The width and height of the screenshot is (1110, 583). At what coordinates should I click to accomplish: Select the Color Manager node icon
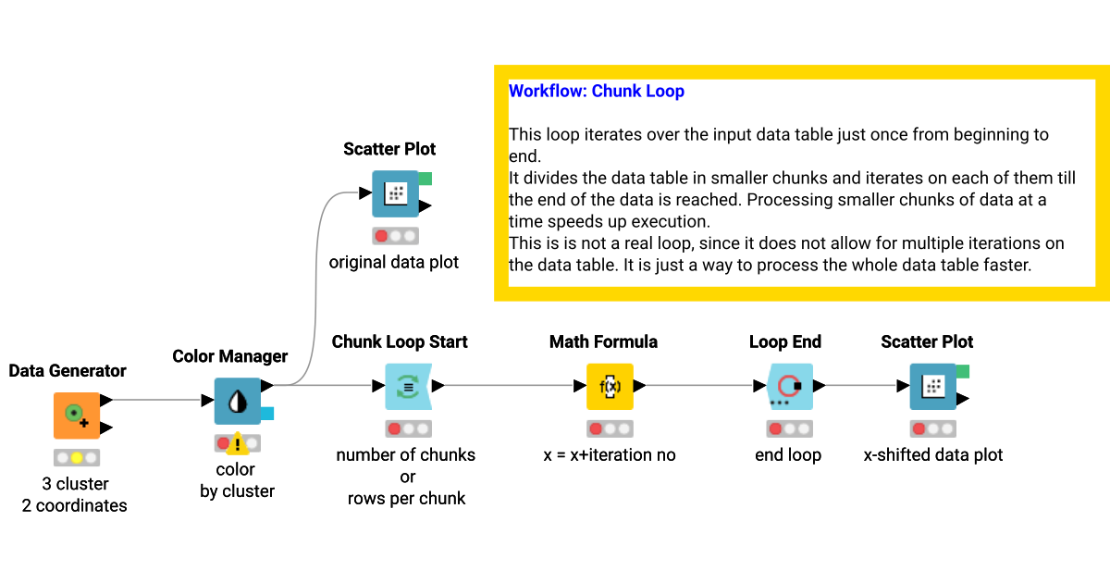tap(238, 401)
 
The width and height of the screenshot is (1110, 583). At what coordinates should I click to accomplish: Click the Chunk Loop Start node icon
tap(408, 387)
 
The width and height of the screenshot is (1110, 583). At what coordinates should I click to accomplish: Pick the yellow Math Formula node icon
tap(610, 387)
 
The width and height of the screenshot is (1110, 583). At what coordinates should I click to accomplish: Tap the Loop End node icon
tap(789, 387)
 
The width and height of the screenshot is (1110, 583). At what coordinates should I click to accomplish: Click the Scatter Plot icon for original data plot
tap(395, 193)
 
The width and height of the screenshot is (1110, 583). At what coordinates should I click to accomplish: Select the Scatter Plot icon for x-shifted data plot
tap(932, 387)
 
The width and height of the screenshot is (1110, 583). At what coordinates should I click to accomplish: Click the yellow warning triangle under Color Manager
tap(239, 444)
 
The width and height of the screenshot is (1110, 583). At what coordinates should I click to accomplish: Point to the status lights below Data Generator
tap(76, 457)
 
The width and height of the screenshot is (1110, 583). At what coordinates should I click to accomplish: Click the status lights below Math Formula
tap(610, 429)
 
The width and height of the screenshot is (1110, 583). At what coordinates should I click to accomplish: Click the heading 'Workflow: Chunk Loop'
tap(597, 92)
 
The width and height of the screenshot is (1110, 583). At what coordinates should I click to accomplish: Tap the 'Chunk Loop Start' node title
tap(400, 342)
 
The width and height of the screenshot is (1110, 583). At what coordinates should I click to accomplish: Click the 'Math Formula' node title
tap(603, 342)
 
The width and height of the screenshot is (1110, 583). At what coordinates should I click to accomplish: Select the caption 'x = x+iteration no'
tap(609, 455)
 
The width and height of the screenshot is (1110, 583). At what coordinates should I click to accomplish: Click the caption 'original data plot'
tap(394, 263)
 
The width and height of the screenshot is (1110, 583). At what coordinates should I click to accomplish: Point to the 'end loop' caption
tap(788, 455)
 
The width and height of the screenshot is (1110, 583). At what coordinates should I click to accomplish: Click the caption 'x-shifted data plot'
tap(933, 455)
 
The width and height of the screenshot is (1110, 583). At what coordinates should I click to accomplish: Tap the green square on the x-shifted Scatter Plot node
tap(962, 372)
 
